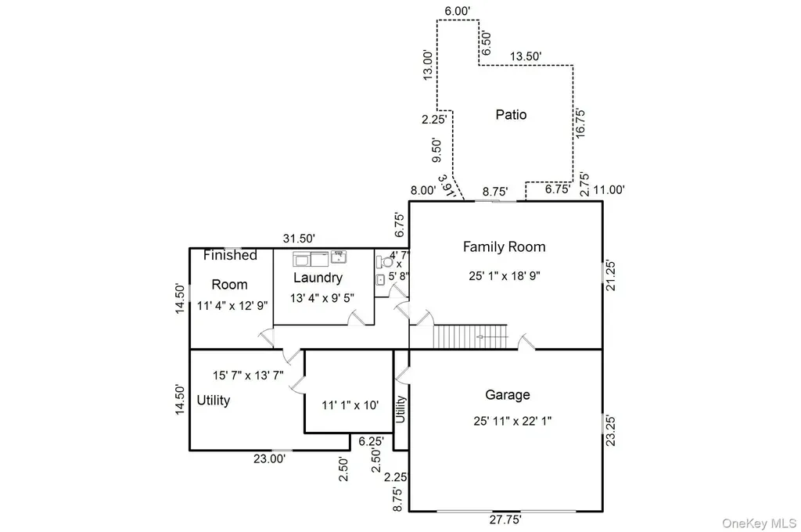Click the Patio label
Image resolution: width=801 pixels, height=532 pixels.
tap(511, 114)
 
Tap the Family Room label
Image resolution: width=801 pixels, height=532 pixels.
tap(505, 247)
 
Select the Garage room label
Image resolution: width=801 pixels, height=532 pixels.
tap(507, 394)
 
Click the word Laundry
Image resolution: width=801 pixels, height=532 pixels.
tap(318, 278)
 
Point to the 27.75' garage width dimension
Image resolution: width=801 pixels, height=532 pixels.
tap(505, 519)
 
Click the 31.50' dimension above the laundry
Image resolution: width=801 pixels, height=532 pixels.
tap(299, 239)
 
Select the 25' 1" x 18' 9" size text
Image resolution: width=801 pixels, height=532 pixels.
tap(505, 276)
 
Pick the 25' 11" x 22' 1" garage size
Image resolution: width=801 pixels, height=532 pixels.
tap(512, 421)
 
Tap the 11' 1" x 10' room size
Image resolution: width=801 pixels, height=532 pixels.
tap(350, 405)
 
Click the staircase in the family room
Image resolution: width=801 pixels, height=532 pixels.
tap(470, 336)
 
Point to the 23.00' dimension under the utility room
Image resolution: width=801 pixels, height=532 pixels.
tap(269, 459)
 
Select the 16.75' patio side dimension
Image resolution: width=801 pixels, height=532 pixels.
tap(580, 123)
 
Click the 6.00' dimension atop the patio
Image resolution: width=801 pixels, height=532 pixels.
tap(457, 11)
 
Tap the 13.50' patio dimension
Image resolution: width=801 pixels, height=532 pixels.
tap(526, 56)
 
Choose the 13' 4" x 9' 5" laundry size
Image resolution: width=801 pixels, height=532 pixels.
tap(321, 298)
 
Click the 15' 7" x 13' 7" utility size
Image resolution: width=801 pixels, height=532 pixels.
tap(248, 376)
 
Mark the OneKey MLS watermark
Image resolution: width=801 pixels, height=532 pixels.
tap(759, 523)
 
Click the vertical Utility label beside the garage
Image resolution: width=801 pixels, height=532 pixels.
tap(400, 409)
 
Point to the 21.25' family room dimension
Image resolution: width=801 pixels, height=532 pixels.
tap(610, 276)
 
